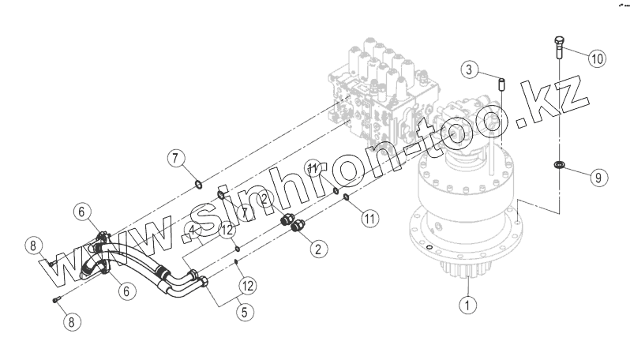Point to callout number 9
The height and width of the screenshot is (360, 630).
point(598,178)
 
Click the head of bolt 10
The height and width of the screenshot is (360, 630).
point(558,41)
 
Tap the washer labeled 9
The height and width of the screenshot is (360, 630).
point(558,165)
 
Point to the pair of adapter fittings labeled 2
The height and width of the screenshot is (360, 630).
point(294,224)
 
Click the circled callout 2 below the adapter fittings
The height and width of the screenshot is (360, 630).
point(317,249)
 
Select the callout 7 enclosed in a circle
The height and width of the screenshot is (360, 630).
point(176,158)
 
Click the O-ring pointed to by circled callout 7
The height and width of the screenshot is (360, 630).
point(199,186)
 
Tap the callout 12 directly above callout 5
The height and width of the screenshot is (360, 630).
point(247,284)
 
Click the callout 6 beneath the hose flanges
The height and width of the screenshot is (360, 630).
point(124,291)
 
